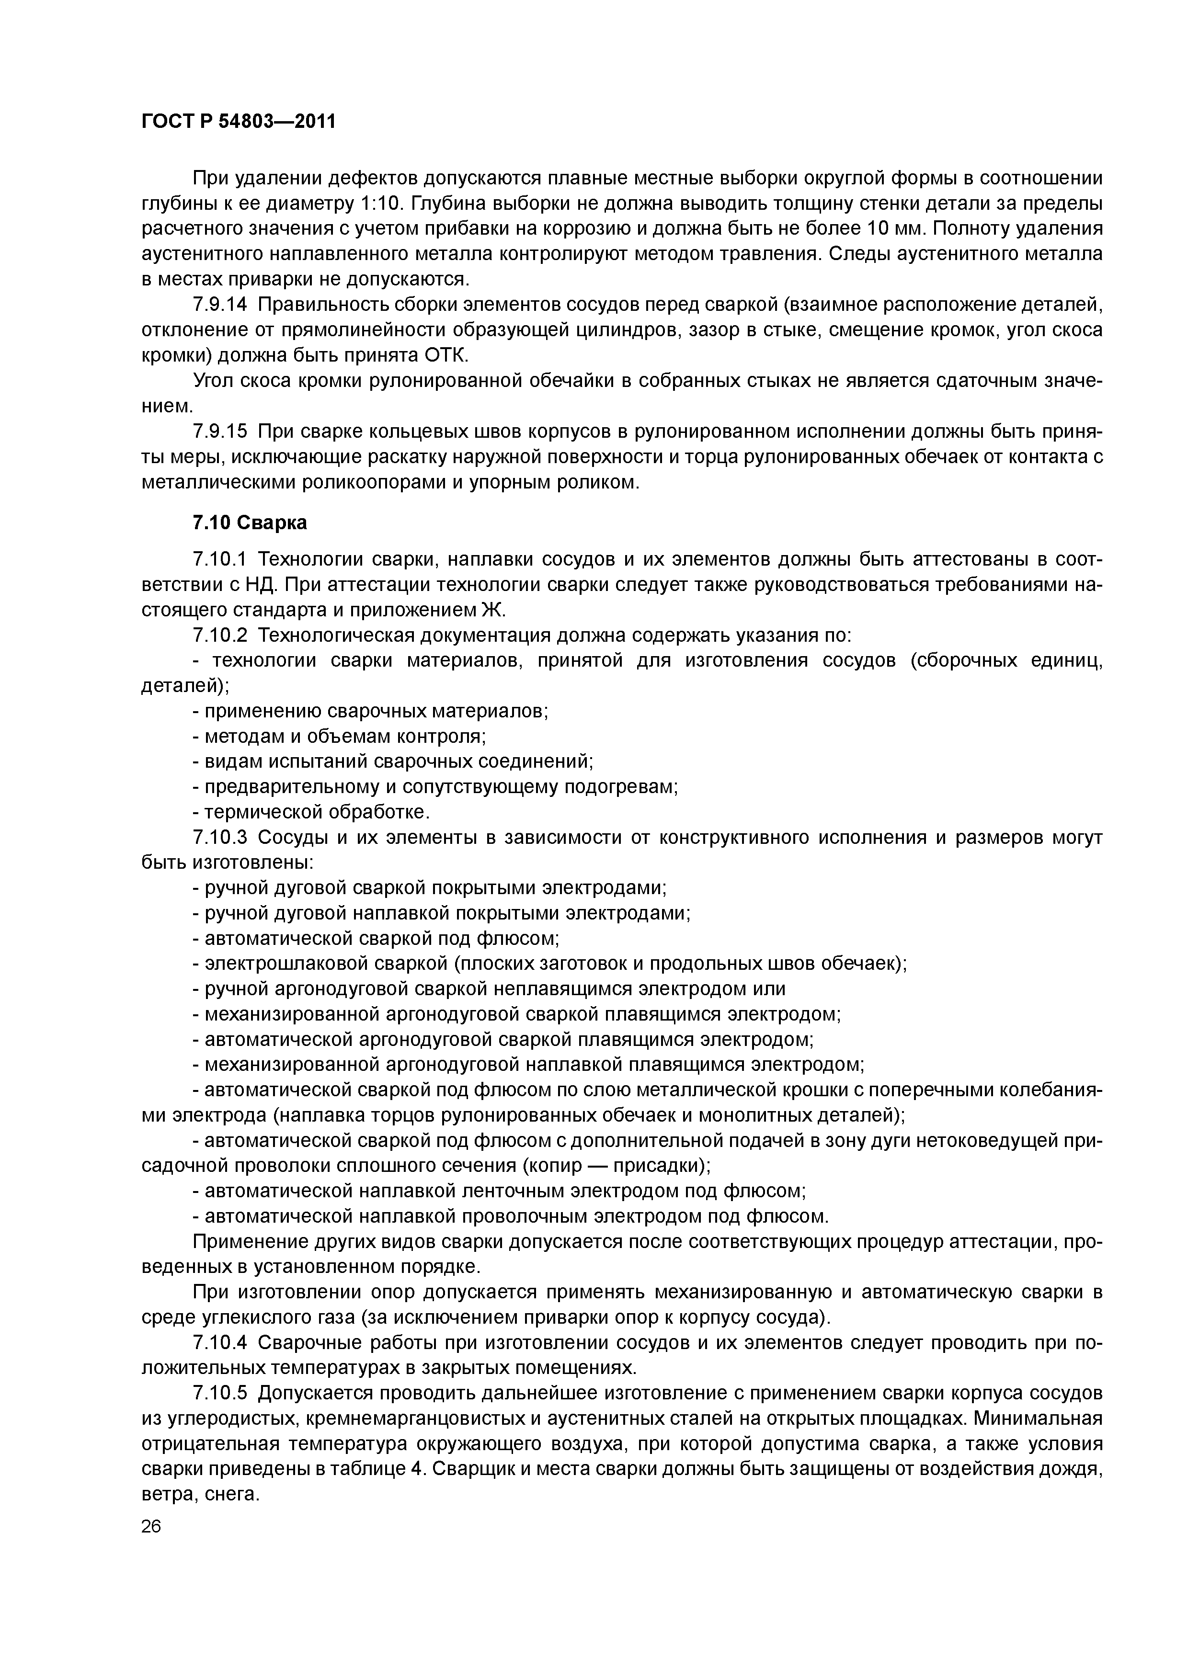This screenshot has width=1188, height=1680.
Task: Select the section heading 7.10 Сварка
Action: tap(250, 522)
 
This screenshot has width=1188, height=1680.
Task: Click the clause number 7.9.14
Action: tap(219, 305)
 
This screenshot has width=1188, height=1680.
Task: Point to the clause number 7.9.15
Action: tap(219, 431)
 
